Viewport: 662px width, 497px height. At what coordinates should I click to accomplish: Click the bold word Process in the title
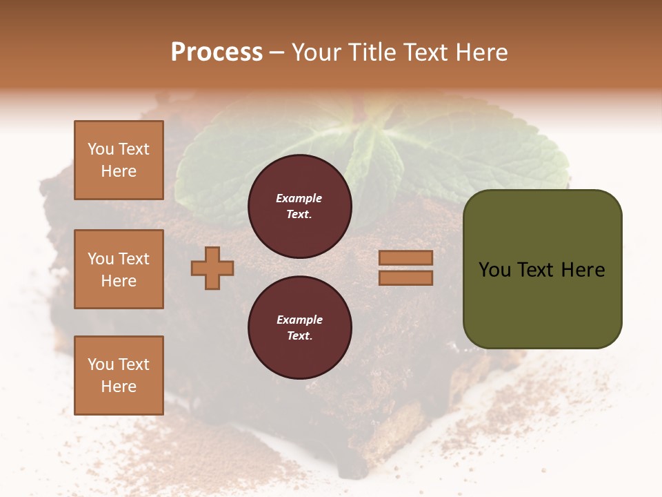click(217, 52)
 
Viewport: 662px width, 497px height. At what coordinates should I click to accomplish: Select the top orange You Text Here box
click(119, 160)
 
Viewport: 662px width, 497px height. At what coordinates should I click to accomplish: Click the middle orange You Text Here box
click(119, 269)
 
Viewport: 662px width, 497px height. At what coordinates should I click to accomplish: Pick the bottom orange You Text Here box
click(119, 376)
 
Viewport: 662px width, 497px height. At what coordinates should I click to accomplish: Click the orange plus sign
click(212, 268)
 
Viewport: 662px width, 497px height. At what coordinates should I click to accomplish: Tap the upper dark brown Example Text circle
click(299, 206)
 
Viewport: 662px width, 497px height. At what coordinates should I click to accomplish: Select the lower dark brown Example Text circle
click(299, 327)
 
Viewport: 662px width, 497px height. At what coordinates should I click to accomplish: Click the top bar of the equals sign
click(405, 257)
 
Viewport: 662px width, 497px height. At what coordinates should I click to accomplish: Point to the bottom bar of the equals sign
click(405, 277)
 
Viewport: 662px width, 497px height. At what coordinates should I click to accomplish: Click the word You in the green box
click(494, 269)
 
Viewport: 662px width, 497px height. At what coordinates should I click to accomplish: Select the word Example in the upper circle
click(299, 198)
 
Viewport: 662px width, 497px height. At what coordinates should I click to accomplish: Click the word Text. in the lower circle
click(299, 336)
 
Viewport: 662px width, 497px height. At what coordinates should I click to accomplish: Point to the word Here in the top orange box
click(119, 171)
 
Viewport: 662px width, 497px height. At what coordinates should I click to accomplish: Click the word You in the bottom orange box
click(100, 364)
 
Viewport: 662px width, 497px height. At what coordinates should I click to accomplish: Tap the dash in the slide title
click(277, 52)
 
